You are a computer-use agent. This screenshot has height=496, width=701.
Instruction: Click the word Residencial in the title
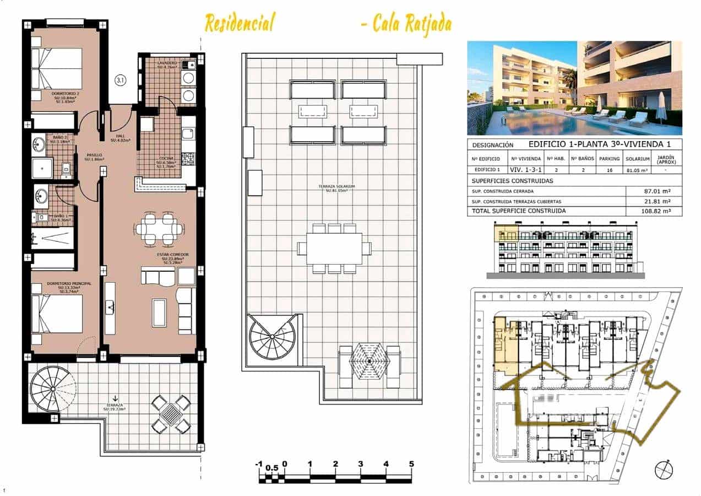click(x=239, y=24)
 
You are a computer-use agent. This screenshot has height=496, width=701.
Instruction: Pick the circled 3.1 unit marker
click(x=121, y=80)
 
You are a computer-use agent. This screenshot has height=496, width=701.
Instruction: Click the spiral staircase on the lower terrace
click(x=53, y=390)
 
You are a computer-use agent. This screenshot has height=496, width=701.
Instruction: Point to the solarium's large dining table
click(x=334, y=249)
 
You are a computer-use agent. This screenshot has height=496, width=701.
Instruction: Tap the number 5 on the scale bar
click(x=411, y=464)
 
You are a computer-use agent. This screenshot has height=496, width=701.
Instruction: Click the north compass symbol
click(x=664, y=470)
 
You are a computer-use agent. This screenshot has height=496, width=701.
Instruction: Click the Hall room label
click(x=121, y=138)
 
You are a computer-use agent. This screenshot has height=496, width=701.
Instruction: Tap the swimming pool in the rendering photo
click(x=551, y=124)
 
